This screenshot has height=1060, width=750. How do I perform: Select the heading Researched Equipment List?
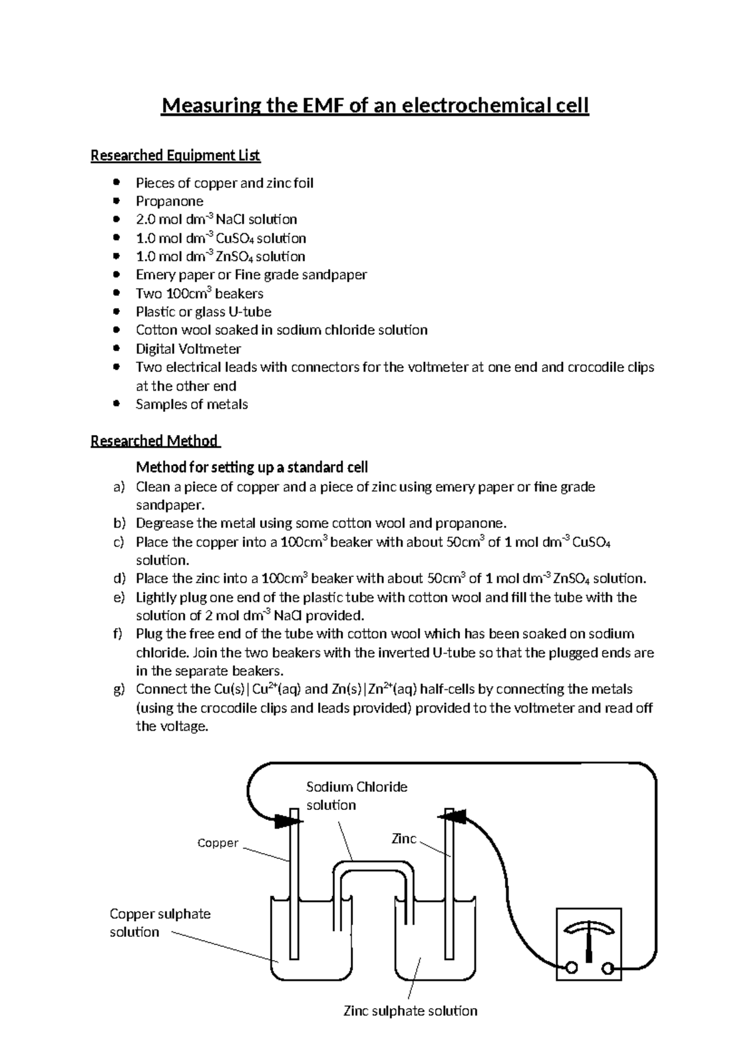[x=175, y=155]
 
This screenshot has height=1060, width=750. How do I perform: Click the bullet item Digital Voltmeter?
[x=188, y=349]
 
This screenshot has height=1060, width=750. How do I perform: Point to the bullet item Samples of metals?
[x=192, y=404]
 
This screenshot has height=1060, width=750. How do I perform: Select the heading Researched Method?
[x=154, y=441]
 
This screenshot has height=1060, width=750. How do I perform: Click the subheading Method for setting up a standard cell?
[x=251, y=467]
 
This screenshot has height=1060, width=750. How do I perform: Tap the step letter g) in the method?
[x=119, y=689]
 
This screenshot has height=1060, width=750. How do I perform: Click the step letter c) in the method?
[x=119, y=542]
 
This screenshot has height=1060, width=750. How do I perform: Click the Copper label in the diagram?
[x=217, y=843]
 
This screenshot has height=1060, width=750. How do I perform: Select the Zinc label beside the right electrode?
[x=403, y=839]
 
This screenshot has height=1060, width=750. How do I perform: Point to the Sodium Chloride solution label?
[x=356, y=796]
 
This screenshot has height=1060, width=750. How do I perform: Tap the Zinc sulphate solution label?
[x=410, y=1011]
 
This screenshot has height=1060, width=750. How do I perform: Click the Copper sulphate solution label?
[x=159, y=922]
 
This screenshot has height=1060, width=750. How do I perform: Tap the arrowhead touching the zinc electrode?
[x=457, y=816]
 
